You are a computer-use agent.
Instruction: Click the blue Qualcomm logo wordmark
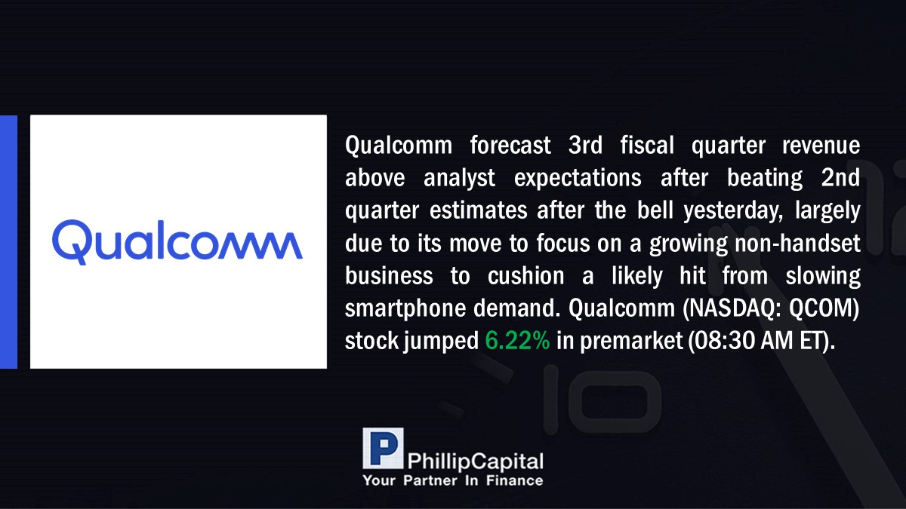pos(177,242)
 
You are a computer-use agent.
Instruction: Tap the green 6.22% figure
pos(517,340)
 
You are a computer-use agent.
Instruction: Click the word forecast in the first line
pos(510,145)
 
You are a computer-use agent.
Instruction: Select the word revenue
pos(821,146)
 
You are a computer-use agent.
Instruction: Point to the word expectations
pos(578,178)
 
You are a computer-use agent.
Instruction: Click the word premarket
pos(631,342)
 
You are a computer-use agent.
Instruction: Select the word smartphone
pos(405,309)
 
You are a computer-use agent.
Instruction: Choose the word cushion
pos(525,276)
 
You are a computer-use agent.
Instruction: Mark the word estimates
pos(479,211)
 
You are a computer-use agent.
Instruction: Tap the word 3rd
pos(585,145)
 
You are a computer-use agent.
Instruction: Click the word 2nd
pos(840,178)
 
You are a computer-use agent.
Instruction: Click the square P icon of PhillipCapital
pos(383,448)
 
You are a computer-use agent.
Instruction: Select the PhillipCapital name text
pos(475,461)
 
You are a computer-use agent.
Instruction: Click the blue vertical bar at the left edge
pos(8,242)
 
